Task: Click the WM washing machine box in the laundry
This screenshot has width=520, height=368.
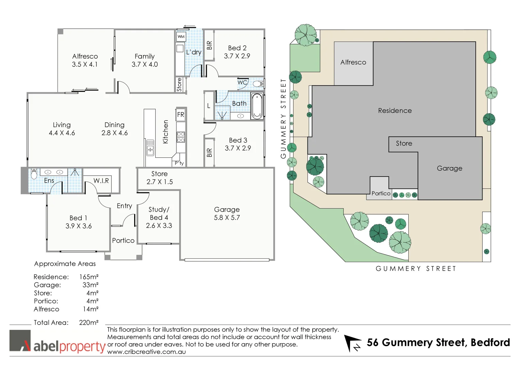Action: [x=181, y=36]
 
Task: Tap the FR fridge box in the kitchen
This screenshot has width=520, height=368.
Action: [x=180, y=115]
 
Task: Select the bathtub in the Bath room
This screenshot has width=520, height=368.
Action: [x=257, y=106]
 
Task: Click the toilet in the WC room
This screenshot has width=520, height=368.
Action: [x=258, y=83]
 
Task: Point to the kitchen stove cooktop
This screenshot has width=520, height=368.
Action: [x=181, y=137]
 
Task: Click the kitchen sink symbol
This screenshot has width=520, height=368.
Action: [x=150, y=148]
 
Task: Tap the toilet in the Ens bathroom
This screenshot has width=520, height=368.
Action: [x=34, y=174]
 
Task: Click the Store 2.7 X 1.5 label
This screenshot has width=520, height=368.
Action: [x=159, y=178]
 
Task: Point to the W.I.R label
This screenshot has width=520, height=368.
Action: [x=101, y=181]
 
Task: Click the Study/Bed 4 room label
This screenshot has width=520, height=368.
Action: [x=159, y=217]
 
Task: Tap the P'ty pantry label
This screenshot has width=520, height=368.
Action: [x=179, y=163]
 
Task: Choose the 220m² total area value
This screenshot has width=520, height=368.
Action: [x=89, y=322]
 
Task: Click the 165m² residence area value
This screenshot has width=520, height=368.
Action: [x=89, y=277]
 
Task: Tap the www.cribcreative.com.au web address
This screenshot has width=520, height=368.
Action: [x=146, y=352]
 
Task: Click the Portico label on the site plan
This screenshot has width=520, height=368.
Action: [x=381, y=194]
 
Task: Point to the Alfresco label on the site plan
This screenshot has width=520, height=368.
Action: [x=353, y=62]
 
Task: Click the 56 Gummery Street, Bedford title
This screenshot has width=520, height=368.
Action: [x=438, y=342]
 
